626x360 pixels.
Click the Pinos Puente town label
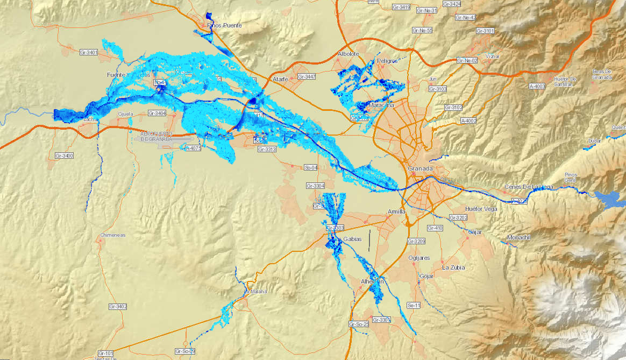[224, 25]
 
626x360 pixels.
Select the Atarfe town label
[280, 79]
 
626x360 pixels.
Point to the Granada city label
[420, 168]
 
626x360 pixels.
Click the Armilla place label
[396, 211]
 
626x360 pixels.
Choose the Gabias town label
[352, 238]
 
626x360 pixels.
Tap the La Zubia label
[453, 267]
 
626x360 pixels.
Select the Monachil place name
[518, 237]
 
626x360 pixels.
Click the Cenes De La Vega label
[529, 187]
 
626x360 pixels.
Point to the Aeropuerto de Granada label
[156, 136]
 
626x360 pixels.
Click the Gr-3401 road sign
[88, 52]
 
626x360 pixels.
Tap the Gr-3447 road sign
[306, 77]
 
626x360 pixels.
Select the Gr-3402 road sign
[118, 306]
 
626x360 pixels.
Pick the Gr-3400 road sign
[64, 156]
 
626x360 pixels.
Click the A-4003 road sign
[537, 86]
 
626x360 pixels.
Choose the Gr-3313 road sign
[267, 149]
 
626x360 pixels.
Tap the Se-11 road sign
[414, 305]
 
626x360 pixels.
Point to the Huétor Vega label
[481, 208]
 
